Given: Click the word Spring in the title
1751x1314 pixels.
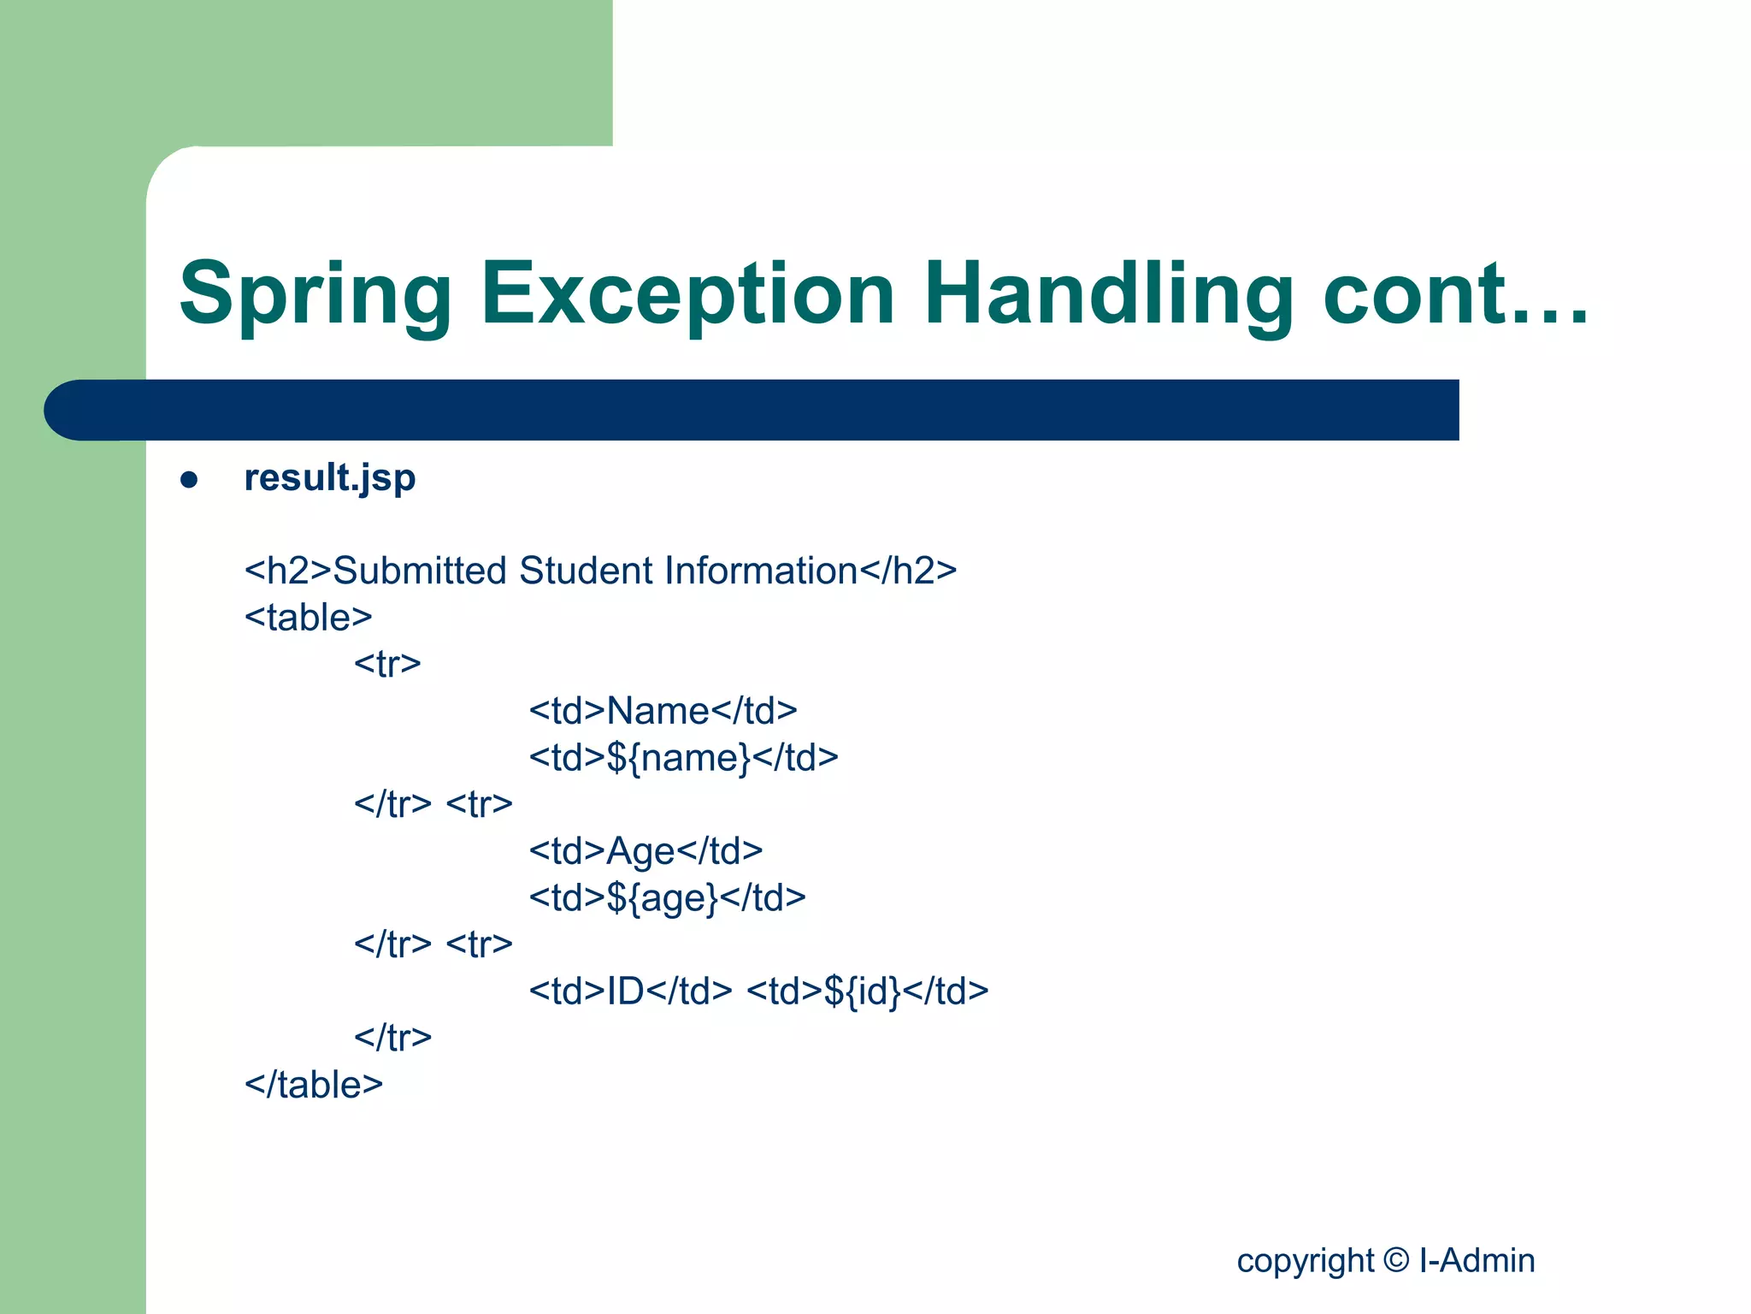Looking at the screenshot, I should [315, 295].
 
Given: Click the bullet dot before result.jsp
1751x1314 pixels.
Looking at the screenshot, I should [189, 480].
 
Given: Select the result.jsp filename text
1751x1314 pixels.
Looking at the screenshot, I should [330, 478].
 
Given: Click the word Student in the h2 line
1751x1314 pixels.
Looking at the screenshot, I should [587, 571].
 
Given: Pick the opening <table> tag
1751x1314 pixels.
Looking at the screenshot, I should [308, 618].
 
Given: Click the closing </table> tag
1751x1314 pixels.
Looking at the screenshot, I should [313, 1085].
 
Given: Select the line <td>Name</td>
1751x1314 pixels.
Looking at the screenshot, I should [663, 711].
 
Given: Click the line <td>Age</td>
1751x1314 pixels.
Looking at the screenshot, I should [646, 851].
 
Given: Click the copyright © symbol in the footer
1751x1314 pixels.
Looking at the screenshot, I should [1395, 1260].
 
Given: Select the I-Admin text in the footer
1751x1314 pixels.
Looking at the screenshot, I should [1477, 1260].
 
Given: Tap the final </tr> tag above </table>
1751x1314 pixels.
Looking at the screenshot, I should [392, 1038].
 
